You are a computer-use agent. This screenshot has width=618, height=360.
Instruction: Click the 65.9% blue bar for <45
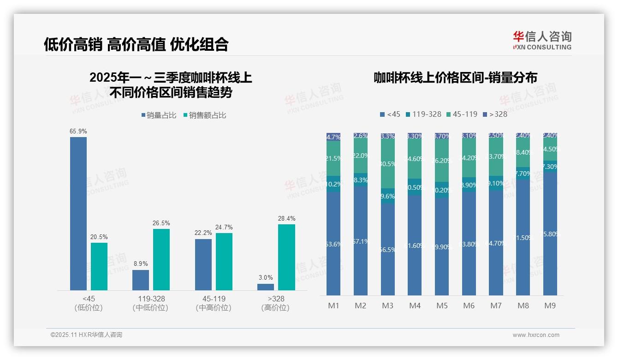[78, 213]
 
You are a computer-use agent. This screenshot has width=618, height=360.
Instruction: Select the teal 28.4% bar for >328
[286, 257]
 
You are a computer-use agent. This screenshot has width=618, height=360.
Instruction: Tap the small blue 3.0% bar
[266, 287]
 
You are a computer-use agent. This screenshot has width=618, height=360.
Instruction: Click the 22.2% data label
[203, 233]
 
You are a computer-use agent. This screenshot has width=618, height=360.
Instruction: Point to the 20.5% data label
[99, 237]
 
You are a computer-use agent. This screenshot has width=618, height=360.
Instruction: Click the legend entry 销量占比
[159, 115]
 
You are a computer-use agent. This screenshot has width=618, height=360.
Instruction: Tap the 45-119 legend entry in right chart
[462, 114]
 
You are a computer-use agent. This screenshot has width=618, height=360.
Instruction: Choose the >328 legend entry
[495, 114]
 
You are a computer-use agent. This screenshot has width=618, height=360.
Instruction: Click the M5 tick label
[442, 306]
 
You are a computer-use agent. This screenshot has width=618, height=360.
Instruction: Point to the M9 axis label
[550, 306]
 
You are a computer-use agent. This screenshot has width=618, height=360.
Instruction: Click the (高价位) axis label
[275, 308]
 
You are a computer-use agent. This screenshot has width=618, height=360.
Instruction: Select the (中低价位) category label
[150, 308]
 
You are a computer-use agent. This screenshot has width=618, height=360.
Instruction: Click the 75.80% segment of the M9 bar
[550, 234]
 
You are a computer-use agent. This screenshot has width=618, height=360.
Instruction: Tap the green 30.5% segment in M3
[388, 164]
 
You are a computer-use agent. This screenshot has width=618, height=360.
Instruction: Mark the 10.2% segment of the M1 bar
[333, 184]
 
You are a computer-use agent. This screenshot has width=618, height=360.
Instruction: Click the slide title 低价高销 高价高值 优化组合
[136, 44]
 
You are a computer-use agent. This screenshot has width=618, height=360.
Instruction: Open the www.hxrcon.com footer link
[536, 335]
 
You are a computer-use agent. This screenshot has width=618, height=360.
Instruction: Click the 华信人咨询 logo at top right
[542, 40]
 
